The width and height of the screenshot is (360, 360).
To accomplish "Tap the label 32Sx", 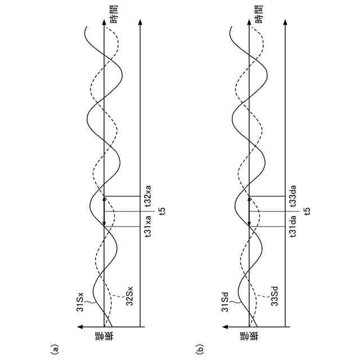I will click(129, 296).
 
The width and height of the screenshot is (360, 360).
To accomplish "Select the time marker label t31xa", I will click(148, 228).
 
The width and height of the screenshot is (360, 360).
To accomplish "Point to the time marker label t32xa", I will click(148, 196).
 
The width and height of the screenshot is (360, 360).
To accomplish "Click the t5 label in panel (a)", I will click(162, 211).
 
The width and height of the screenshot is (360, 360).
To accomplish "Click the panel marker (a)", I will click(55, 349).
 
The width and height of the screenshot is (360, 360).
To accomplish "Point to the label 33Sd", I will click(274, 296).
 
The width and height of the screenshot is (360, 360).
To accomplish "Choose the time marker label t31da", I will click(293, 227).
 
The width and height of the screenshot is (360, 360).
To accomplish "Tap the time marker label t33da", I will click(293, 196).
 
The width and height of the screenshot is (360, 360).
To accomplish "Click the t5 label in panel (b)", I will click(307, 211).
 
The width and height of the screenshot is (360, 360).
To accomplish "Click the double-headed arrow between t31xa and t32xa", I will click(104, 211).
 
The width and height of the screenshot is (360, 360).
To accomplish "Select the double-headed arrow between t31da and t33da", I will click(249, 211).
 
